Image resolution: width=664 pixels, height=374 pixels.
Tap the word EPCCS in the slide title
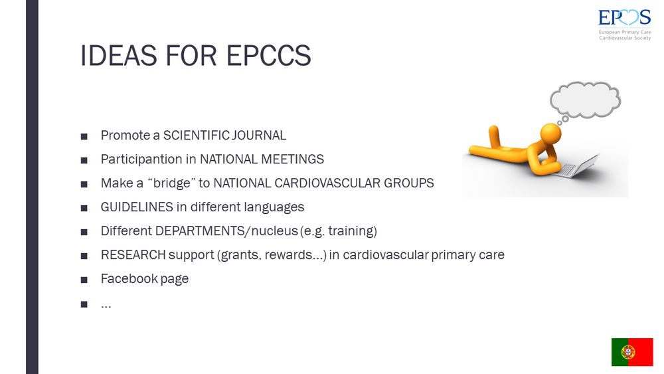click(x=268, y=56)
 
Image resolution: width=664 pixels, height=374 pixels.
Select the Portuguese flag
click(x=632, y=352)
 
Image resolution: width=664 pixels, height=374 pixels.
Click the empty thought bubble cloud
click(x=586, y=100)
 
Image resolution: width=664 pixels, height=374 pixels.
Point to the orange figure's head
click(x=551, y=134)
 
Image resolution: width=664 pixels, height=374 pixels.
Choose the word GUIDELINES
click(x=137, y=207)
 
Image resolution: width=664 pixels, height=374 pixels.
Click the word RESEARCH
click(x=133, y=254)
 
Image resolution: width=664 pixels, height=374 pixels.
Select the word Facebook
click(x=129, y=278)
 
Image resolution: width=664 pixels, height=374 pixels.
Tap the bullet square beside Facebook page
click(x=84, y=280)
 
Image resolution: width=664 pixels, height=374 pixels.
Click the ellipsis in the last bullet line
click(x=106, y=306)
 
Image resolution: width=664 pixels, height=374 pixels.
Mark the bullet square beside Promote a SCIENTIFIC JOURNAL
click(x=84, y=136)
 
